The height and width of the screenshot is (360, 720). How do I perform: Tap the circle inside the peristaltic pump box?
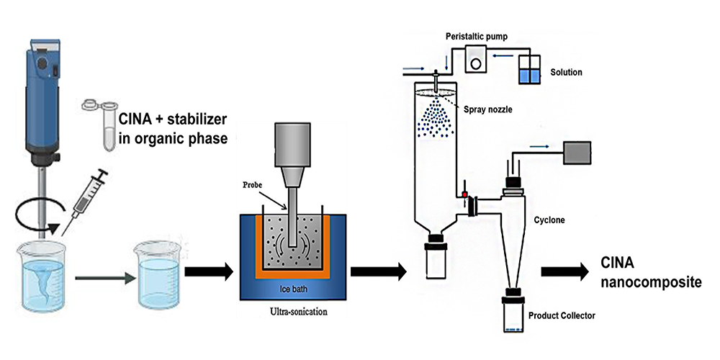coord(476,63)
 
